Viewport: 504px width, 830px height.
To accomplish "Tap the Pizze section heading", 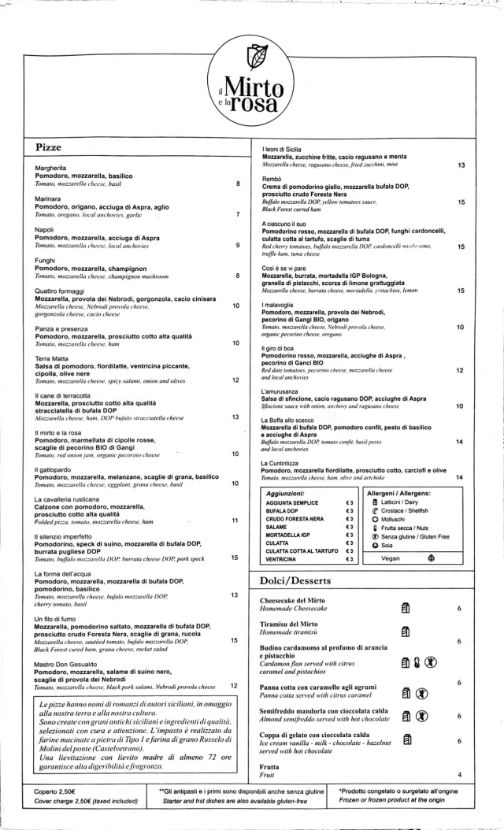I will coord(48,147).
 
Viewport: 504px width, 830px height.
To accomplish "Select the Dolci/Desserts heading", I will coord(295,581).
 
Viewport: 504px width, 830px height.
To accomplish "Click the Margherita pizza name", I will coord(50,169).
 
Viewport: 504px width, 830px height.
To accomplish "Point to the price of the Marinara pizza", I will coord(237,214).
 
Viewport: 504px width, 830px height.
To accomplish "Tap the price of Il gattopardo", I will coord(235,484).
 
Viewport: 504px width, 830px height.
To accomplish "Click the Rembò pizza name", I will coord(271,179).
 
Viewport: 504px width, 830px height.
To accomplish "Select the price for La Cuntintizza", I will coord(458,477).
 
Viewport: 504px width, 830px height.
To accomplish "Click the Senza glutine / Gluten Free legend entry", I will coord(414,536).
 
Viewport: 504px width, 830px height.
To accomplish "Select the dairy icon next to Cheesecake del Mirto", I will coord(406,608).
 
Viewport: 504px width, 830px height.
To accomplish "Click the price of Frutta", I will coord(458,775).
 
